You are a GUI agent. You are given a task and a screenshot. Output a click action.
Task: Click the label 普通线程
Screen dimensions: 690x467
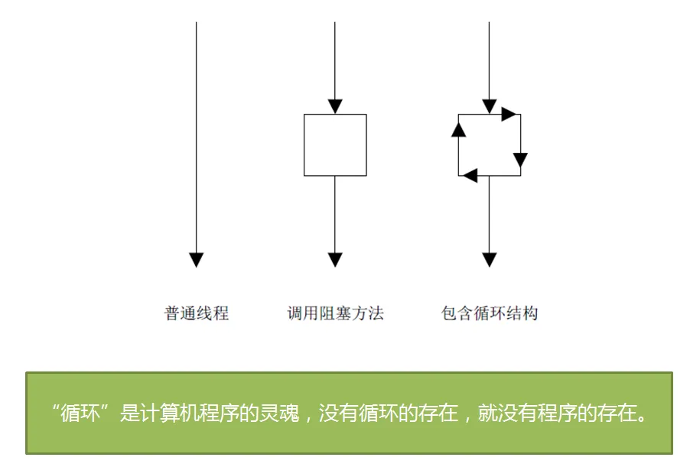click(197, 313)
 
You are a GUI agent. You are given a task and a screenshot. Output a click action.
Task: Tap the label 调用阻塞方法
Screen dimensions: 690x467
click(335, 313)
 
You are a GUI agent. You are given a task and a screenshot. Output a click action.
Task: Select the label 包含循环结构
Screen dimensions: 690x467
click(490, 313)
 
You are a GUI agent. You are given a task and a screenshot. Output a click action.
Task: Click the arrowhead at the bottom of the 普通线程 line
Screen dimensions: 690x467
click(197, 260)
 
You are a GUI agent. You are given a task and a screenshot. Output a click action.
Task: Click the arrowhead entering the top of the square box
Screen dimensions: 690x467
click(335, 106)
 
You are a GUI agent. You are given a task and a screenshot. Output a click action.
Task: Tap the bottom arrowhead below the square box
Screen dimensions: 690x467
click(335, 260)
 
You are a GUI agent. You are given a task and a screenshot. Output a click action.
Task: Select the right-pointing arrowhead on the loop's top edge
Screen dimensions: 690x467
click(509, 115)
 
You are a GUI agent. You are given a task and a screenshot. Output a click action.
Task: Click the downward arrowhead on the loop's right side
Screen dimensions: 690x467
click(521, 160)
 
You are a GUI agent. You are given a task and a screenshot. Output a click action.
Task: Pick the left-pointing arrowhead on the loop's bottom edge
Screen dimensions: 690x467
click(470, 176)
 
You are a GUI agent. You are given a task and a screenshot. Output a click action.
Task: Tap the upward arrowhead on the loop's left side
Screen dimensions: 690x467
click(458, 129)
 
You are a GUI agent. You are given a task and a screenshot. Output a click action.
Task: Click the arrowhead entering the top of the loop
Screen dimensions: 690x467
click(490, 106)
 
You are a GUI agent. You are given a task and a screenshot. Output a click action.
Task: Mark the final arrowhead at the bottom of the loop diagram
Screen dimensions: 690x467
click(490, 260)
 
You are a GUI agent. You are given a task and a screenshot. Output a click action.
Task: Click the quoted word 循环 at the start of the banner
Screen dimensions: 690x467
click(80, 413)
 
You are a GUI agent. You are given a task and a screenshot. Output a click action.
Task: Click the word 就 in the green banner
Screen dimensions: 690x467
click(488, 413)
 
